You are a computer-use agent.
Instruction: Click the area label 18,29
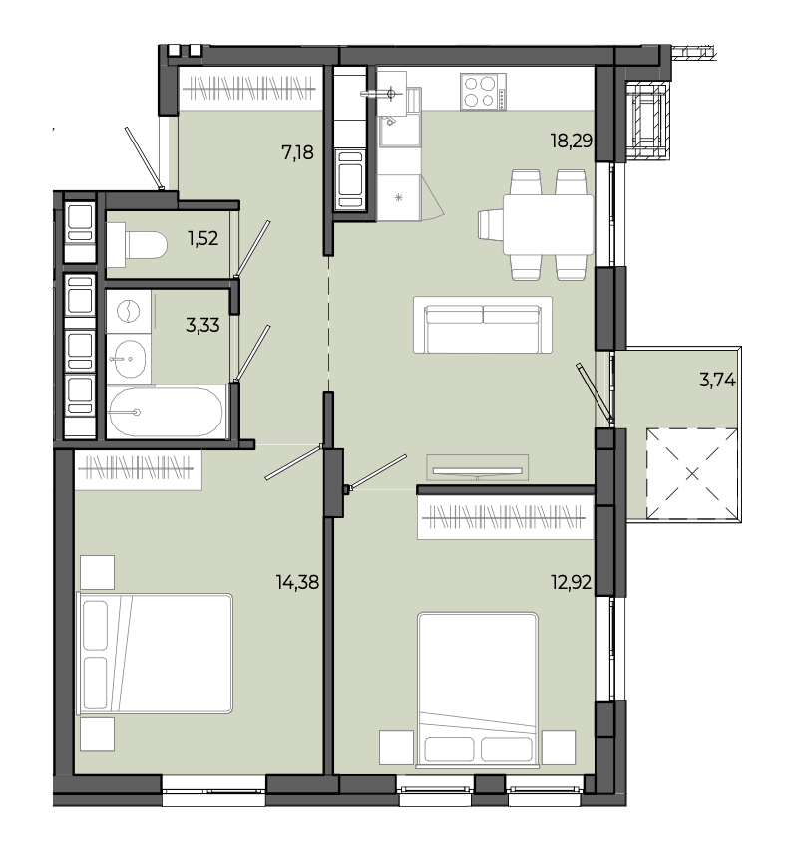[x=571, y=142]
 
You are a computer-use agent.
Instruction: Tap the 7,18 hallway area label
[x=297, y=153]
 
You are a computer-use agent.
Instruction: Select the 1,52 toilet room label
[x=203, y=238]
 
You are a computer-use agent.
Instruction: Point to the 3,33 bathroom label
[x=202, y=326]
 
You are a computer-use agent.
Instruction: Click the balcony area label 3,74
[x=717, y=380]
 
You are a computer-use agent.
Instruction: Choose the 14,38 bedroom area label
[x=297, y=583]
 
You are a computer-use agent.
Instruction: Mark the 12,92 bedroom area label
[x=571, y=583]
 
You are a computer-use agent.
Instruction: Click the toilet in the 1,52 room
[x=137, y=245]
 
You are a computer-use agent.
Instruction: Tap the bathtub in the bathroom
[x=166, y=412]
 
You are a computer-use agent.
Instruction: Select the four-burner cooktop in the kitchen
[x=483, y=92]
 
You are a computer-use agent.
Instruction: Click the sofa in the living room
[x=483, y=325]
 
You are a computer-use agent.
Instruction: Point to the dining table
[x=548, y=224]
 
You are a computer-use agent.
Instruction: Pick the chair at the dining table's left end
[x=491, y=224]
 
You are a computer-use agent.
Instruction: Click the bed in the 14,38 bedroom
[x=156, y=653]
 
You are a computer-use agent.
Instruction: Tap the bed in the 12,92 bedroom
[x=478, y=691]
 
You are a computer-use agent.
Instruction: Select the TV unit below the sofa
[x=478, y=467]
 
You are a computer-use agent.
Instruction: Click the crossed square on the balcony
[x=691, y=473]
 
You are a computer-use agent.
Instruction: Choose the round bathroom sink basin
[x=129, y=359]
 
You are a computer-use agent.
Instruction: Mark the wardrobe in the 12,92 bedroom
[x=505, y=518]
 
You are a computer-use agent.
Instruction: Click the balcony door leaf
[x=596, y=393]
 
